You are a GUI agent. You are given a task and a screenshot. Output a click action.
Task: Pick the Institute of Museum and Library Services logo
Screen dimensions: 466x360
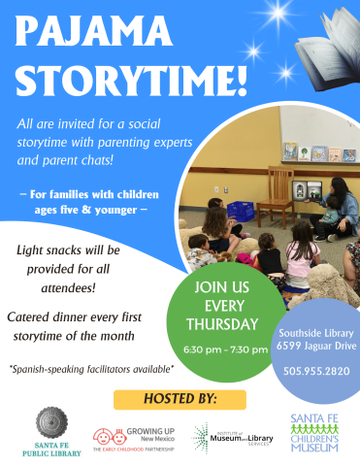tap(234, 437)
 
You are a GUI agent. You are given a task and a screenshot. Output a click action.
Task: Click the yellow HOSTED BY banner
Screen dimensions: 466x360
tap(180, 398)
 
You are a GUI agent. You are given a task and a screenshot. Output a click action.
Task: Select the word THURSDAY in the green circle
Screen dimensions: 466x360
tap(225, 323)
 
